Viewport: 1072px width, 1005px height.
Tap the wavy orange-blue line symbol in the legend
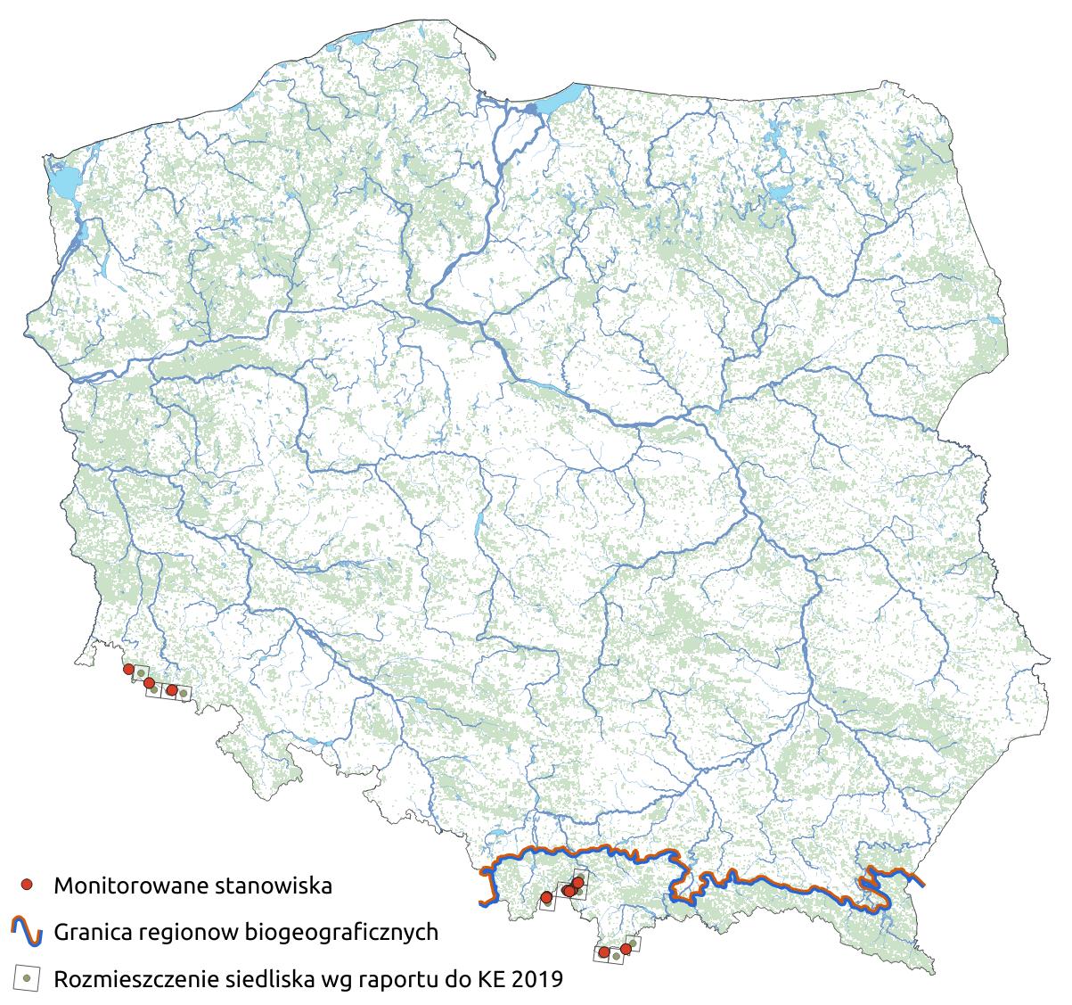[x=27, y=932]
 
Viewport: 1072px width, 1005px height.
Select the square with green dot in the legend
[x=28, y=978]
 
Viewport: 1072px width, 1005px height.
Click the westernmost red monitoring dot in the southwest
[x=128, y=669]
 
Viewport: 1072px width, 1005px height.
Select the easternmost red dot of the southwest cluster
[x=171, y=689]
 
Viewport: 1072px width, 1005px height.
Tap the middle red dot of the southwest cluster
[x=149, y=682]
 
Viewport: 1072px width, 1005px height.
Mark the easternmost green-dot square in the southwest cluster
[x=183, y=692]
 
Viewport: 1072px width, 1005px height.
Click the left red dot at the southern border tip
[x=604, y=952]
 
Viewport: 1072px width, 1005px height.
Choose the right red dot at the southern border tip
[x=626, y=949]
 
